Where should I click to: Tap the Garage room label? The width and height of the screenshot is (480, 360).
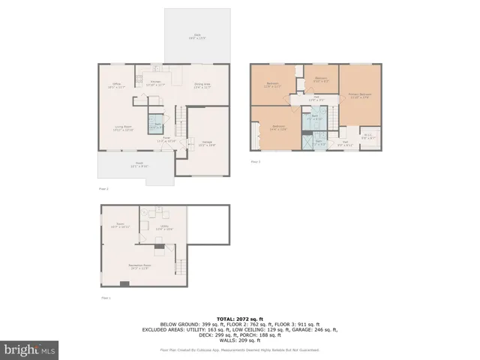coord(206,142)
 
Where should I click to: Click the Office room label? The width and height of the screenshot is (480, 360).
coord(117,85)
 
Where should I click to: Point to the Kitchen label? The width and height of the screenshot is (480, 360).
coord(156,83)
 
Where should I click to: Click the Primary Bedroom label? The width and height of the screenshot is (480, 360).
coord(360,94)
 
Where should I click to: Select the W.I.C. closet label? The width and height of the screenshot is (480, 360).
coord(368,136)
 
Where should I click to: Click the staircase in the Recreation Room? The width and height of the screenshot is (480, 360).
coord(180,265)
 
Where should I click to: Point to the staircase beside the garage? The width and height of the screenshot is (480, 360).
coord(180,115)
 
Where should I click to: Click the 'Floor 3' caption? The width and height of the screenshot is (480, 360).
coord(256,161)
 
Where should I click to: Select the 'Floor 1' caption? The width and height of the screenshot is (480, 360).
coord(105,298)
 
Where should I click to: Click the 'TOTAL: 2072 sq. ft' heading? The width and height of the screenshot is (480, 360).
coord(239,319)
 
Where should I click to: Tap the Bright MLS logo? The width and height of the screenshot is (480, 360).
coord(29,349)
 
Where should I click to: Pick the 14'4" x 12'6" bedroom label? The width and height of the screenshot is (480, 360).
coord(277,127)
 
